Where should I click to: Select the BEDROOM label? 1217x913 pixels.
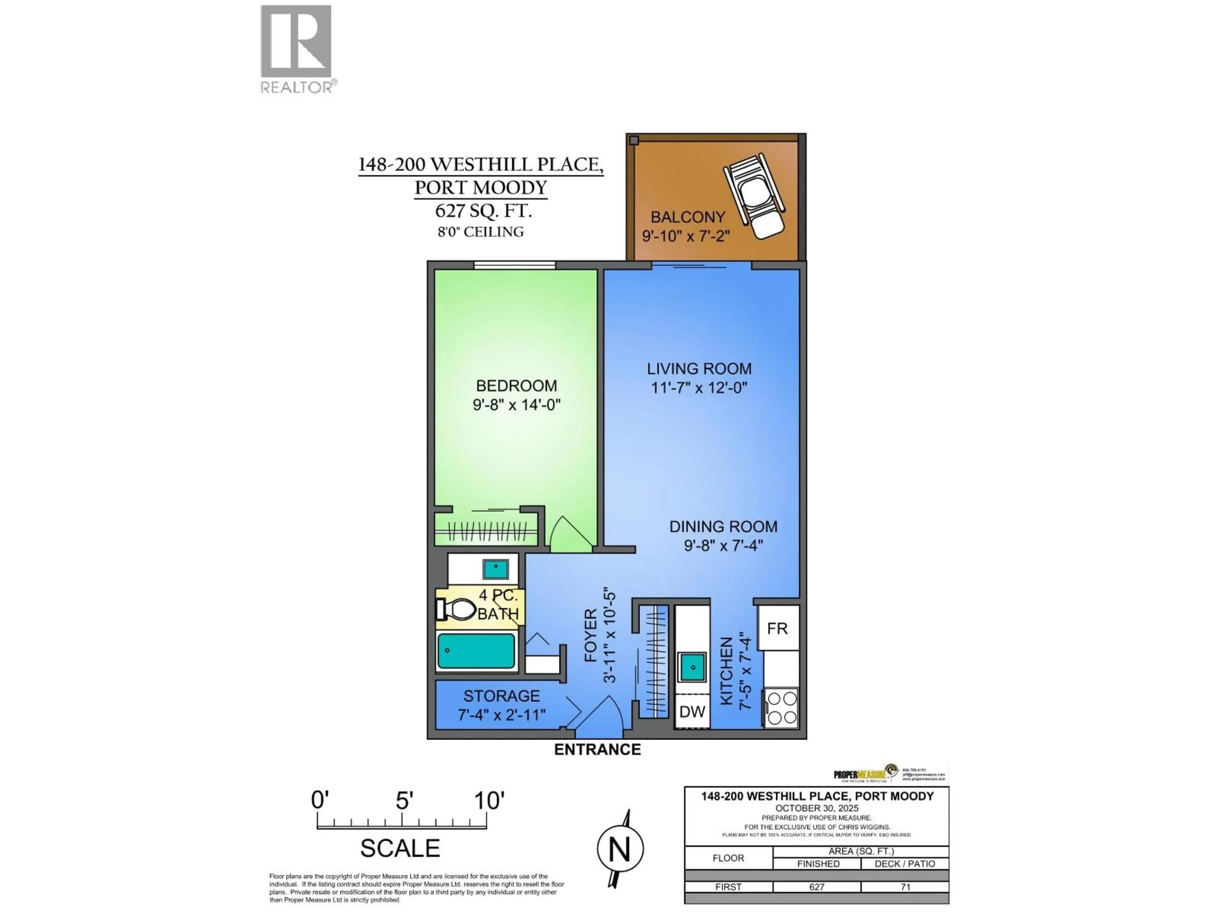pos(516,386)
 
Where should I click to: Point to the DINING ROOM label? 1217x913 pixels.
pos(723,527)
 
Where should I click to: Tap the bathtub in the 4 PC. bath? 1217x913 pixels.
pos(476,651)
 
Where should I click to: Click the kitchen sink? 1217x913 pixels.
pos(692,668)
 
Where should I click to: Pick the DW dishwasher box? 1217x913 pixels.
pos(692,712)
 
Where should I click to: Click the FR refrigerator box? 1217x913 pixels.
pos(777,628)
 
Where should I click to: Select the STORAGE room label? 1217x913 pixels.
pos(501,696)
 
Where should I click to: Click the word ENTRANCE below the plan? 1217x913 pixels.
pos(597,749)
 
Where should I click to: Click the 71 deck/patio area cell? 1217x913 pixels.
pos(905,887)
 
